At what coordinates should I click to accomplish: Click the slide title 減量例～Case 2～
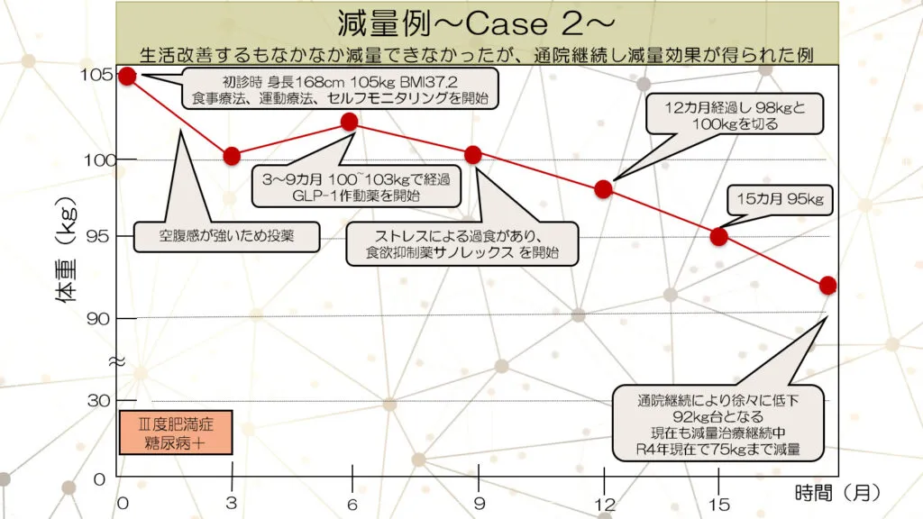tap(477, 21)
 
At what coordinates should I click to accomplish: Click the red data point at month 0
tap(127, 76)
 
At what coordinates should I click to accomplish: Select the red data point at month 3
tap(232, 156)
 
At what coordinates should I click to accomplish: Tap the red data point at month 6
tap(350, 122)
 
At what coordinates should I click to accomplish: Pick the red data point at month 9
tap(473, 155)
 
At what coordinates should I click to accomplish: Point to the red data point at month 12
tap(604, 189)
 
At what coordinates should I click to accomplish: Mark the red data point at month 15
tap(718, 237)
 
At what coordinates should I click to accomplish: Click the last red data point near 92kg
tap(828, 286)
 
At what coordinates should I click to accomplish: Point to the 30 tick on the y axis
tap(98, 400)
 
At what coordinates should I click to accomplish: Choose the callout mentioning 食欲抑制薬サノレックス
tap(461, 244)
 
